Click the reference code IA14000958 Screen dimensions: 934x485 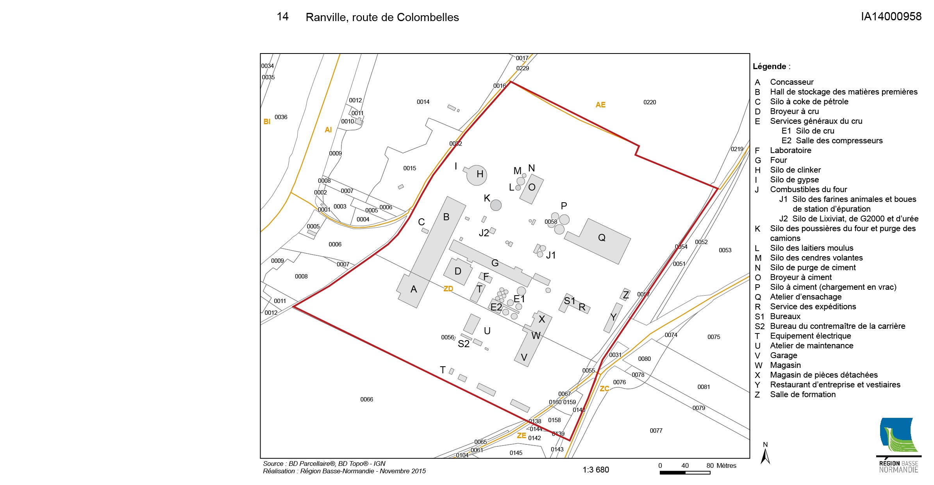point(891,16)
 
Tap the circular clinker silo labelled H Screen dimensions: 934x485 point(476,175)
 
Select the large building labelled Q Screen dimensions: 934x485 point(598,240)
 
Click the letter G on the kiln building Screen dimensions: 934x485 point(495,263)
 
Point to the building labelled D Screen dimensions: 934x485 point(458,272)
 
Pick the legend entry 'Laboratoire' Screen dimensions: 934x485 point(791,150)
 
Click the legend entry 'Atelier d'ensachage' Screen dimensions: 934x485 point(806,297)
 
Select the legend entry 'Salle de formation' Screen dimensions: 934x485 point(803,394)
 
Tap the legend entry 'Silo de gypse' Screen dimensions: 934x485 point(795,180)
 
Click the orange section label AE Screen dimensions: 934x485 point(600,105)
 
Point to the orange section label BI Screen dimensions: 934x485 point(267,121)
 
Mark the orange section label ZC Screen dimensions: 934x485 point(604,389)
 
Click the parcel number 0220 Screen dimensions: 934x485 point(650,102)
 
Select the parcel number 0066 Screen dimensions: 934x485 point(366,399)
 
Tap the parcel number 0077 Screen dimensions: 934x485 point(656,431)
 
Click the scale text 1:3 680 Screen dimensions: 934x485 point(596,470)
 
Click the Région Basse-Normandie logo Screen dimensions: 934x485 point(898,445)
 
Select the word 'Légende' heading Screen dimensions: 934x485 point(769,66)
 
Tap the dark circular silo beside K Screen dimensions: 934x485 point(496,205)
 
